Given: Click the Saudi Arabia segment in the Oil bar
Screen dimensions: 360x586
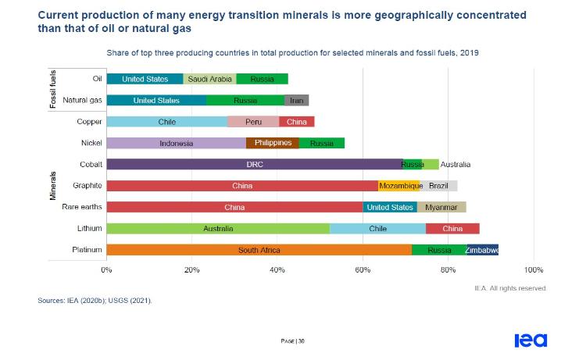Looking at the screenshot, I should click(209, 79).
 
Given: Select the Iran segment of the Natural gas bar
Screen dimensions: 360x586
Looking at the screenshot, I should click(296, 100).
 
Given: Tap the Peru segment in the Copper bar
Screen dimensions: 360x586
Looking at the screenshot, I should click(253, 122).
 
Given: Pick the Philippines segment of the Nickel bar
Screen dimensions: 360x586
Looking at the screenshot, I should click(273, 143).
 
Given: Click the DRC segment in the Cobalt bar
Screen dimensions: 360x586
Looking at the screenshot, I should click(254, 165).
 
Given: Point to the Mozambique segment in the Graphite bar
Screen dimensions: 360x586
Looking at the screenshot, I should click(398, 186).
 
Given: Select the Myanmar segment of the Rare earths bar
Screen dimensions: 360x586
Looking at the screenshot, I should click(441, 207).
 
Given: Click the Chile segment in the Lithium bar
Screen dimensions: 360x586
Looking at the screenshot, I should click(377, 229).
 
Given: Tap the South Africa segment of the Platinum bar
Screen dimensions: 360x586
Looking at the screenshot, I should click(259, 250).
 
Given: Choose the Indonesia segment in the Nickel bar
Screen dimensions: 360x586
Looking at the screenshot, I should click(176, 143).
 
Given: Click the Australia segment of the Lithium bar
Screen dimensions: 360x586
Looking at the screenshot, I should click(218, 229).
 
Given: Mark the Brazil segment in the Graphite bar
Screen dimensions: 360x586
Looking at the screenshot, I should click(438, 186).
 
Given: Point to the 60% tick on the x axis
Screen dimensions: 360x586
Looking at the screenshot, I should click(363, 269).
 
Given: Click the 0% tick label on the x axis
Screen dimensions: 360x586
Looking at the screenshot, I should click(106, 269).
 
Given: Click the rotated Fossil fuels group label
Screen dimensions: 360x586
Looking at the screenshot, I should click(54, 89).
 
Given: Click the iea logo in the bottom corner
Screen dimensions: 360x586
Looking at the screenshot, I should click(531, 340).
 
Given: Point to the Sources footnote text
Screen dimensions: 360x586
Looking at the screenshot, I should click(95, 300).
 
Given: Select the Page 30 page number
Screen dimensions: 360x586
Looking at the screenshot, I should click(292, 341).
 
